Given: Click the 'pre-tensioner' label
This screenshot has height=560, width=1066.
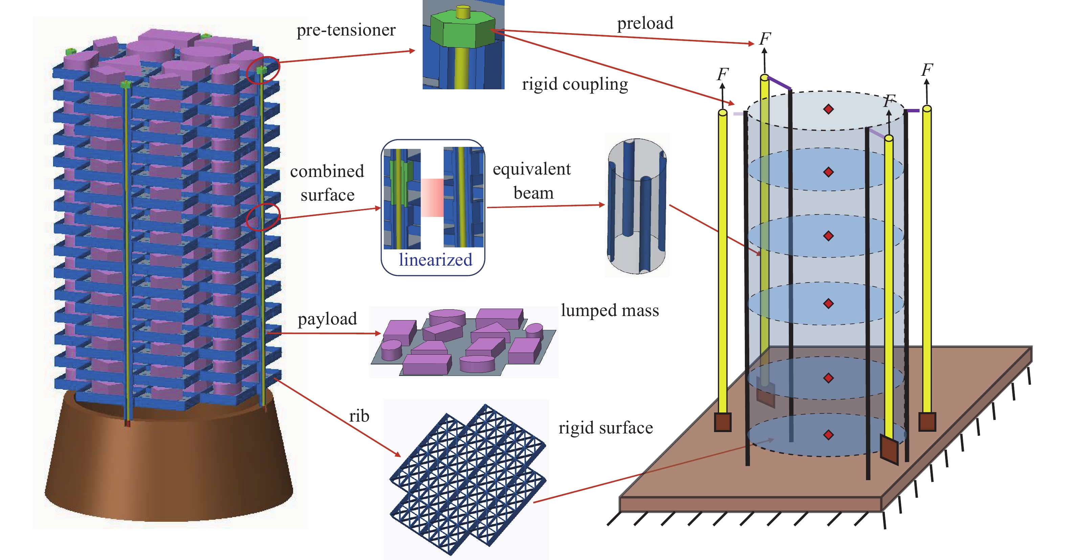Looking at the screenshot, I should (346, 30).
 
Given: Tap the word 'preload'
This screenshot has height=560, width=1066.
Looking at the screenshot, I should (645, 23).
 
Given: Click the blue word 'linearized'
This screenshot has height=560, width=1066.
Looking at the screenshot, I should (435, 260).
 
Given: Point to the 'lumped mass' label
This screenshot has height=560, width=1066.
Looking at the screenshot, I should (609, 310).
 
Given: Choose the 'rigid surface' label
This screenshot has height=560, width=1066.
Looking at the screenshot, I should (605, 428).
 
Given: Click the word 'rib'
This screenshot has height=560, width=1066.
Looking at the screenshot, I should (359, 416).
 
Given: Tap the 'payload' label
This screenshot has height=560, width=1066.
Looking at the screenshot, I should (327, 319).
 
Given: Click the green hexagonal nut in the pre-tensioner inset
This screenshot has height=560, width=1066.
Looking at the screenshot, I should (462, 31).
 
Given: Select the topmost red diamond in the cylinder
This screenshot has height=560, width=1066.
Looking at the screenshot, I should (828, 109).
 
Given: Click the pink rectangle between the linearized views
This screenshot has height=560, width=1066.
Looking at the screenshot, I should (432, 197).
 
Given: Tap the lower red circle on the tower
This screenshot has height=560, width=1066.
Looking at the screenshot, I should (263, 217).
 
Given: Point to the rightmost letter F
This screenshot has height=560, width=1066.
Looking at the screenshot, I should (927, 70).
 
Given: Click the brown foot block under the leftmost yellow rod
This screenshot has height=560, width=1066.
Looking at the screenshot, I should (723, 422).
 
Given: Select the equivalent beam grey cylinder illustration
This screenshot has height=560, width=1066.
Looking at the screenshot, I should (637, 206).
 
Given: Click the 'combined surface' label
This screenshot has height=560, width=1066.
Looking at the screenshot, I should (327, 183).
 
